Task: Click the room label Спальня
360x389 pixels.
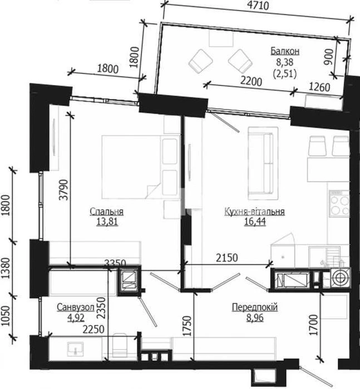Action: pyautogui.click(x=106, y=211)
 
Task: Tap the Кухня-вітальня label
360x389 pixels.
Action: pyautogui.click(x=254, y=212)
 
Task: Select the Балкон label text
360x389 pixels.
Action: pyautogui.click(x=285, y=51)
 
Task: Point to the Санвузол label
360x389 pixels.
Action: pyautogui.click(x=76, y=307)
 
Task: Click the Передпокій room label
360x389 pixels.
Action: pyautogui.click(x=255, y=307)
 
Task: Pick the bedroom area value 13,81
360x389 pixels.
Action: pyautogui.click(x=107, y=222)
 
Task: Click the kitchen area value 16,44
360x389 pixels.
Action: pyautogui.click(x=255, y=222)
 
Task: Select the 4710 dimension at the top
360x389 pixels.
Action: pyautogui.click(x=258, y=5)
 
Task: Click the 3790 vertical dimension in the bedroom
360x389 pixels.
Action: pyautogui.click(x=63, y=189)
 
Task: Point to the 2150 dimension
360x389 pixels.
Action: pyautogui.click(x=227, y=258)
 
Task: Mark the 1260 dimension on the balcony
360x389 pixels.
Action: pyautogui.click(x=319, y=87)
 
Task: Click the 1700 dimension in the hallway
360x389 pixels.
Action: pyautogui.click(x=314, y=325)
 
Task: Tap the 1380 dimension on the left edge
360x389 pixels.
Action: pyautogui.click(x=6, y=268)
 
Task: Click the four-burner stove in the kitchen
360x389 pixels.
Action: pyautogui.click(x=339, y=202)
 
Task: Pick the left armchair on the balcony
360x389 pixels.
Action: pyautogui.click(x=201, y=61)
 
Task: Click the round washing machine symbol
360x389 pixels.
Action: pyautogui.click(x=340, y=277)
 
